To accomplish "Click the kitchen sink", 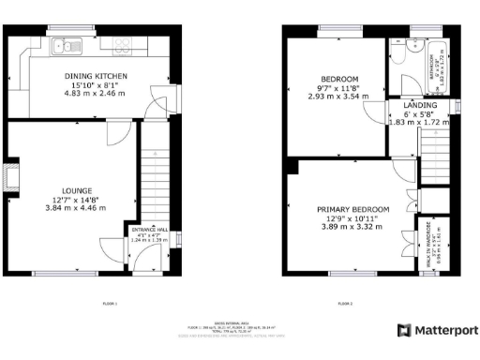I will tap(68, 43).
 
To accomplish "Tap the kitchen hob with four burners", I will tap(124, 43).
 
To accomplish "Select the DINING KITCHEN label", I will tap(96, 76).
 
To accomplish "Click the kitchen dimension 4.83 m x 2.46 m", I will tap(96, 93).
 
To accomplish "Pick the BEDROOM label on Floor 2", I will tap(339, 78).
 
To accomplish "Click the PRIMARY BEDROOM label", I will tap(352, 209).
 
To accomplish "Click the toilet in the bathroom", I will tap(400, 56).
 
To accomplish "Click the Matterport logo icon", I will tap(403, 330).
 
